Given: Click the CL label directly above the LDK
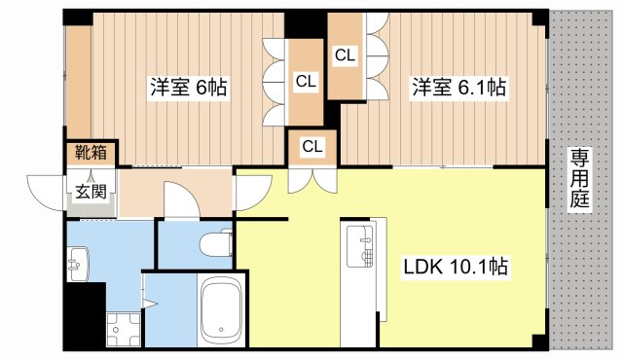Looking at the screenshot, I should [312, 147].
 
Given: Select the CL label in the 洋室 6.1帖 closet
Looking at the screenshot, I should [345, 56].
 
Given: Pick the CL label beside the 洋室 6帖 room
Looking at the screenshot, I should [306, 83].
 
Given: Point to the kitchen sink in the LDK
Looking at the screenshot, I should [361, 246].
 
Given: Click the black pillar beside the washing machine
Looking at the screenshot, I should [89, 320].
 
